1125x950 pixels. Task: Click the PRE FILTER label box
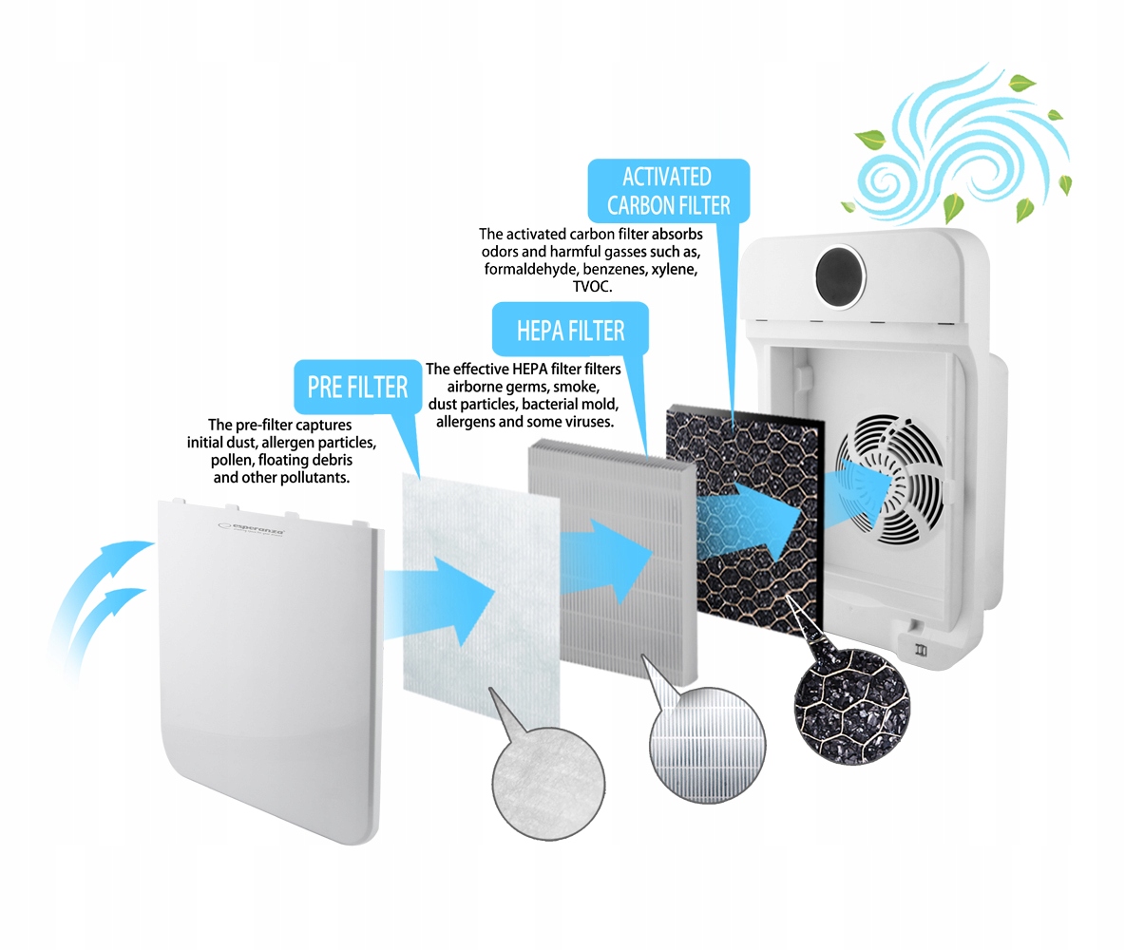click(357, 387)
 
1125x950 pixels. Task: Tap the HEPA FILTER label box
click(570, 330)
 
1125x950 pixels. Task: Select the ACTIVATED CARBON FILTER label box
click(669, 191)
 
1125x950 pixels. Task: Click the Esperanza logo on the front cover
click(251, 529)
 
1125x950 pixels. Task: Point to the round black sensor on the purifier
click(840, 276)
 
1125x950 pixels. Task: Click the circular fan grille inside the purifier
click(890, 479)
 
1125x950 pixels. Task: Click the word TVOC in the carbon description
click(592, 287)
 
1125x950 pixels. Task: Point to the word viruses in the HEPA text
click(587, 422)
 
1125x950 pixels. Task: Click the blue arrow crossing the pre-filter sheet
click(439, 599)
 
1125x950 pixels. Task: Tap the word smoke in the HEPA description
click(576, 387)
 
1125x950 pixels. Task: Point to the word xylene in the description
click(675, 270)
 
